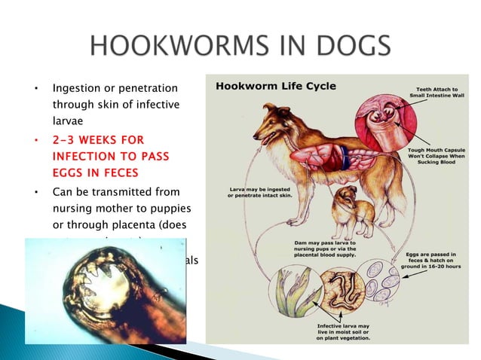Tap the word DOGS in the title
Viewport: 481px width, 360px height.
pos(345,47)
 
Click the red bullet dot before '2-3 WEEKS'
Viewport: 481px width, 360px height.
pos(36,140)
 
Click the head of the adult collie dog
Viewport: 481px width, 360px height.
pos(271,121)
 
